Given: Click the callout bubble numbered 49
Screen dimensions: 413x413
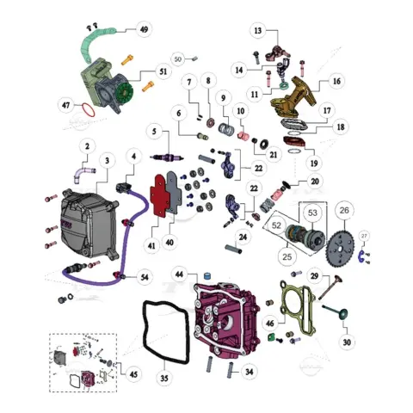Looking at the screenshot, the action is coord(144,29).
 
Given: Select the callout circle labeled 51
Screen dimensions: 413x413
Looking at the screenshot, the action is coord(163,71).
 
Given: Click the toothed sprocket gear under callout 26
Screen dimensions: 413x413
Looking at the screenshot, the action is coord(341,248).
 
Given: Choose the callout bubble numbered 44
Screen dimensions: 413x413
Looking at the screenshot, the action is coord(179,274).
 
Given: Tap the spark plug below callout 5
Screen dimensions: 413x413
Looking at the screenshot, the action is coord(167,157).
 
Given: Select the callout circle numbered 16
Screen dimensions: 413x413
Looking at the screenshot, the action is coord(336,81).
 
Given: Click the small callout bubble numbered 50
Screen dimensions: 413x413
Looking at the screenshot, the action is coord(178,59).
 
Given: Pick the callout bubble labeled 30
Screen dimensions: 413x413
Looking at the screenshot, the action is coord(347,342).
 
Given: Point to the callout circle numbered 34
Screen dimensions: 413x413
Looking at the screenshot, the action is coord(249,372).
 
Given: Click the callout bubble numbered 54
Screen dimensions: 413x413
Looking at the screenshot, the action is coord(145,277).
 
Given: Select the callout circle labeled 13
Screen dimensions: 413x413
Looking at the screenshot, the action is coord(258,30).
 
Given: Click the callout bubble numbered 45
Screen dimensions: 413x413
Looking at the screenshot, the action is coord(133,374).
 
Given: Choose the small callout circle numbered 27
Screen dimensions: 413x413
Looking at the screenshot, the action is coord(364,236).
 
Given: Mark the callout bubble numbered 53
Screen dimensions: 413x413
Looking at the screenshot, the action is coord(312,213).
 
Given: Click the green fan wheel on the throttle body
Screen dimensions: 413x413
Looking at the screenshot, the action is coord(125,93).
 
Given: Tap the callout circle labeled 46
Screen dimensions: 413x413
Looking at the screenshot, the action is coord(269,324).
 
